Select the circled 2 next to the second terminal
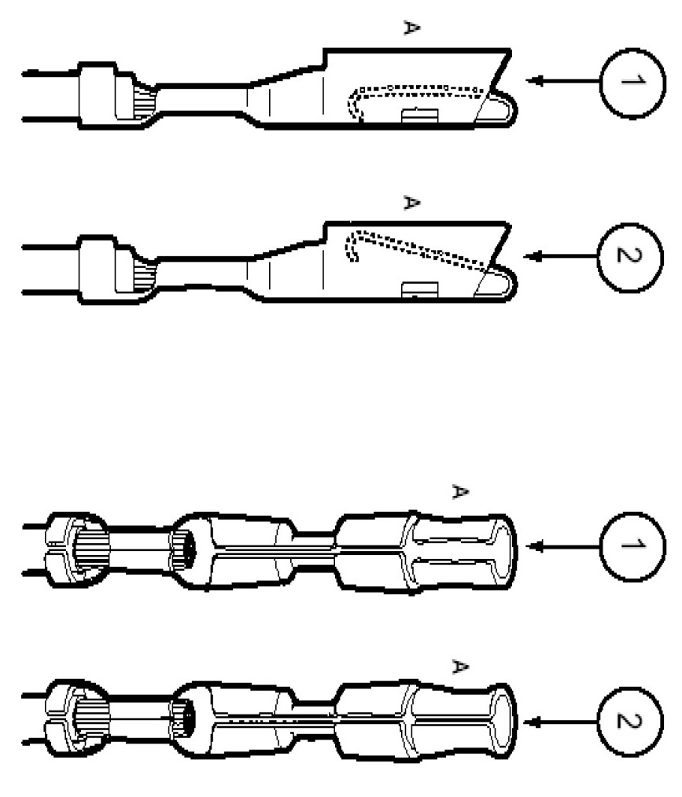click(631, 256)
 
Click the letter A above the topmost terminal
click(410, 28)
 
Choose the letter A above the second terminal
click(410, 203)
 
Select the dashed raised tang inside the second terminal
click(417, 244)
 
